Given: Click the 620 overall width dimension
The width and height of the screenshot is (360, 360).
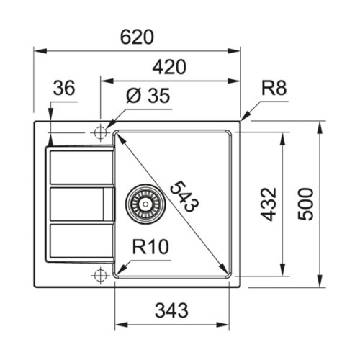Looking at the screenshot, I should tap(137, 37).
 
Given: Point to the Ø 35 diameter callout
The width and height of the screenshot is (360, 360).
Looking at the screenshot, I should tap(148, 96).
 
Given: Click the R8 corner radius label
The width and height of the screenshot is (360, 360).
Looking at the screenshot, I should tap(274, 89).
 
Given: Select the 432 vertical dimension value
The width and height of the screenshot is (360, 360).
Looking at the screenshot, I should tap(268, 204).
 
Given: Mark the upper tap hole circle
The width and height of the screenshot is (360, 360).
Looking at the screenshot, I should tap(99, 133).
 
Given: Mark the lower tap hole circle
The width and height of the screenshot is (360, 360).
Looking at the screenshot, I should tap(99, 275).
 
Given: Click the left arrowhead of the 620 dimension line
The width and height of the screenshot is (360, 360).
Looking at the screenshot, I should tap(38, 50).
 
